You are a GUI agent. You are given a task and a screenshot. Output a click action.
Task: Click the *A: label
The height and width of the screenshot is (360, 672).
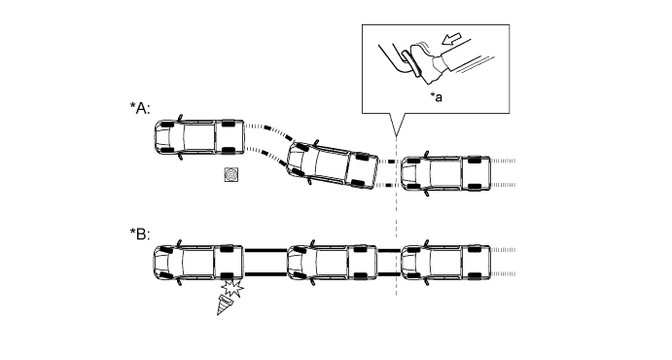pos(140,108)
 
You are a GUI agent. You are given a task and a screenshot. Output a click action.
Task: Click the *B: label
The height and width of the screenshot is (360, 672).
pos(140,234)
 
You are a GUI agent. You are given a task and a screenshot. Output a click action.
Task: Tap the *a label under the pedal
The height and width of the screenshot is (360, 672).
pos(437,97)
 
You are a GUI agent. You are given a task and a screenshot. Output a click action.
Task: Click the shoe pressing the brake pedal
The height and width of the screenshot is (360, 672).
pos(426,63)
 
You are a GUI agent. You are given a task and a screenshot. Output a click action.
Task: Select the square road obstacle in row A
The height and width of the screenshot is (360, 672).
pos(231,174)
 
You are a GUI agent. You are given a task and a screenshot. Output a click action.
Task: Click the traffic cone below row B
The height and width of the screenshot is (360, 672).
pos(226,305)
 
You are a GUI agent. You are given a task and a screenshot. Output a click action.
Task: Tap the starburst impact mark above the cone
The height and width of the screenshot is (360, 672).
pos(232,288)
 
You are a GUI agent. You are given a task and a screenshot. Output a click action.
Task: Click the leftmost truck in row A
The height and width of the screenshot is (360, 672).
pos(199,137)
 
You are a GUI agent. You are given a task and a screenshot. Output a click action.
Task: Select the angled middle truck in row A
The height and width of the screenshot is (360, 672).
pos(333,164)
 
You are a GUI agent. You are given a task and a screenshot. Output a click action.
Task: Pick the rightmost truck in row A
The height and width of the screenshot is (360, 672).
pos(445,173)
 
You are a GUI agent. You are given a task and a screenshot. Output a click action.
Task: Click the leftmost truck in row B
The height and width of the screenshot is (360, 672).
pos(198,263)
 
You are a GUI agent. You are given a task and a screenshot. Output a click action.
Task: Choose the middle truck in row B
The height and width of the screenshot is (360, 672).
pos(333,263)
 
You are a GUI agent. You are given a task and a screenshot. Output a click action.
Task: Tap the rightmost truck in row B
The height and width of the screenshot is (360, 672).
pos(445,263)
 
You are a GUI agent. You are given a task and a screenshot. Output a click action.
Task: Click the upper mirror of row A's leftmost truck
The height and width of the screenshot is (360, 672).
pos(180,118)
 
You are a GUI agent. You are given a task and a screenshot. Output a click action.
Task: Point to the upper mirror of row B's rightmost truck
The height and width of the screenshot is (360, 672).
pos(426,242)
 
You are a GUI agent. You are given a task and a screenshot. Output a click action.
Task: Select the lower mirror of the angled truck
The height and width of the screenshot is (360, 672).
pos(309,181)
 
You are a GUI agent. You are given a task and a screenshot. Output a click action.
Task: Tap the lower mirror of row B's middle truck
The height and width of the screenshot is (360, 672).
pos(314,282)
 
